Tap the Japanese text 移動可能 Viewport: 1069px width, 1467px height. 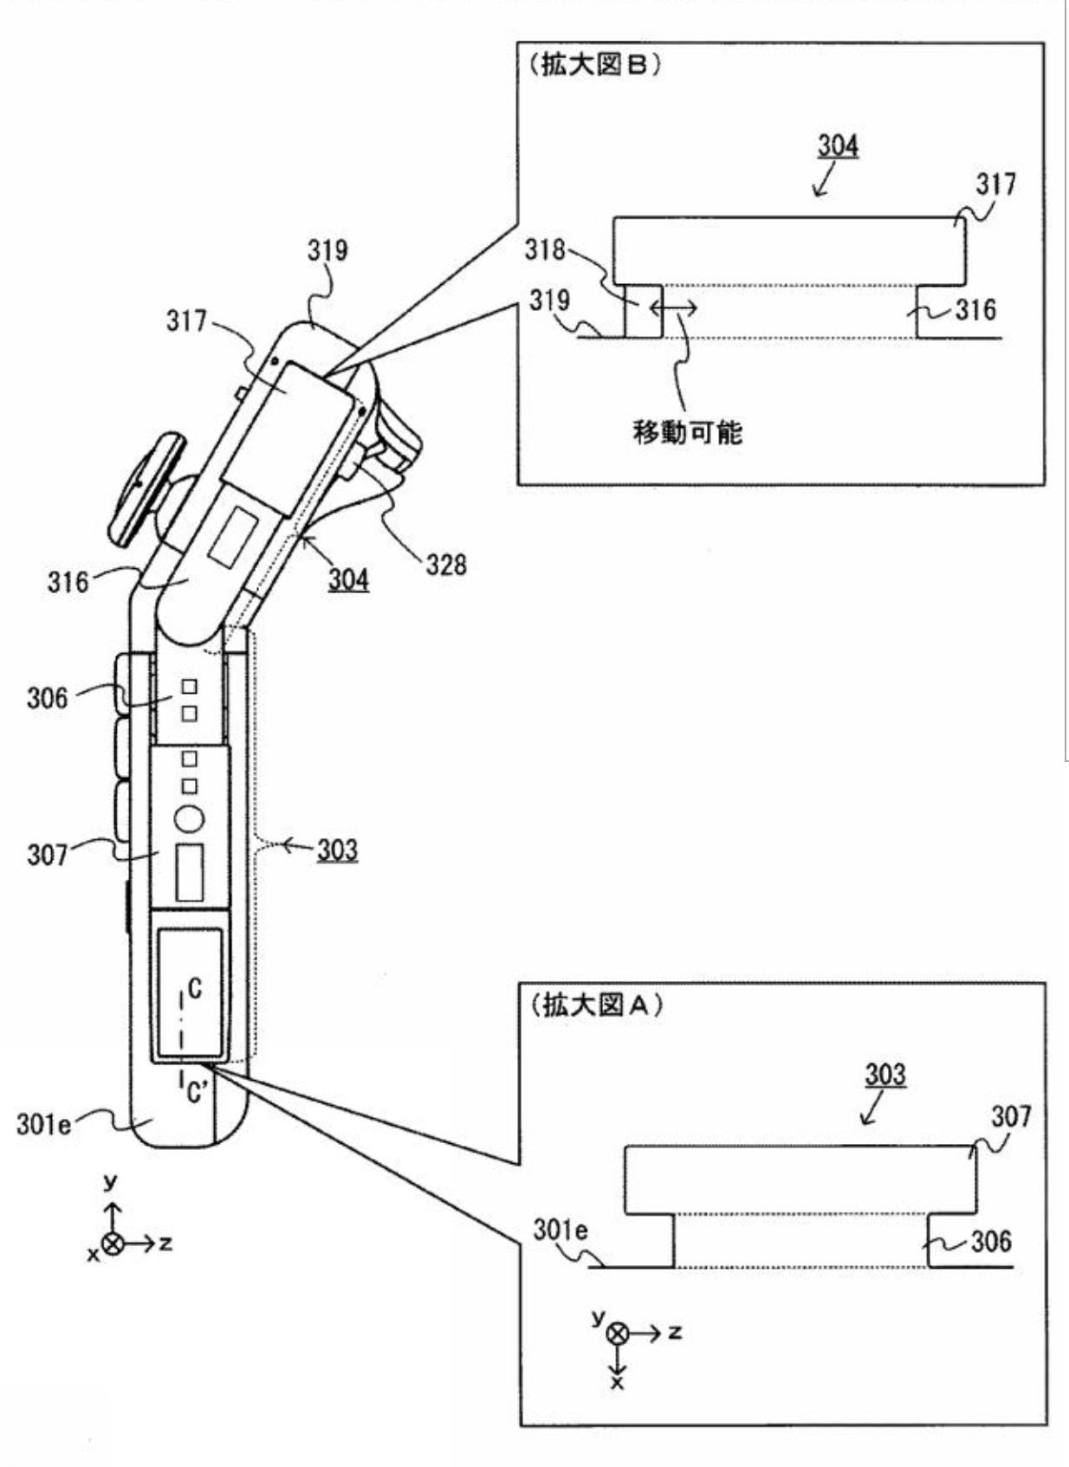pos(687,432)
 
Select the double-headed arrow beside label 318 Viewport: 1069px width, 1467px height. pos(673,307)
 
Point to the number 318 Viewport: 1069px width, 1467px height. pos(544,249)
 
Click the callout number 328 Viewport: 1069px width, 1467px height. pos(446,565)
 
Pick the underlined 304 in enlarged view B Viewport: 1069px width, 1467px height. pos(838,146)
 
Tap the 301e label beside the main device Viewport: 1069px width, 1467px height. pos(44,1124)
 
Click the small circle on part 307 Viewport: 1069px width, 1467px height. pos(190,818)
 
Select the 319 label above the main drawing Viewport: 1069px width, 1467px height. pos(327,250)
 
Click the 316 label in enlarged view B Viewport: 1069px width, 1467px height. pos(975,310)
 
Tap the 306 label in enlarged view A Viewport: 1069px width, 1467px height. pos(991,1241)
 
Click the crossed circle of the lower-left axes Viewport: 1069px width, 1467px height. pos(113,1243)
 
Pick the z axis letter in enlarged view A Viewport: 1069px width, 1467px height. pos(675,1332)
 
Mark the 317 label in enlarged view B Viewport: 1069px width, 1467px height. pos(996,184)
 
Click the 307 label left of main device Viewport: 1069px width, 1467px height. pos(47,855)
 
